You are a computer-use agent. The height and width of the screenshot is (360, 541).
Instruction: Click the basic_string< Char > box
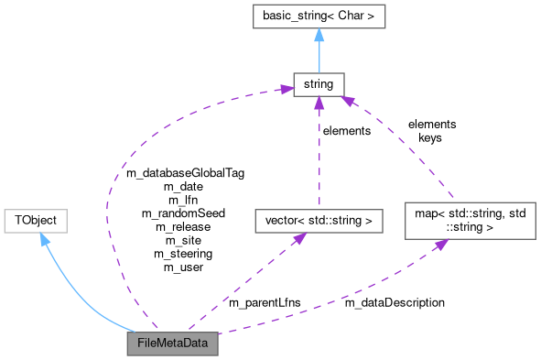[318, 16]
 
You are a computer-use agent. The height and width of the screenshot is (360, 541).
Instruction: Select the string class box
[318, 85]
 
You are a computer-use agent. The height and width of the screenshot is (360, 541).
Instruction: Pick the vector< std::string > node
[317, 220]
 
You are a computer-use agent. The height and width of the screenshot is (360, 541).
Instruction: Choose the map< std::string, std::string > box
[470, 220]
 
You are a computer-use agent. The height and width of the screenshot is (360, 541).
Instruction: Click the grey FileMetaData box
[173, 344]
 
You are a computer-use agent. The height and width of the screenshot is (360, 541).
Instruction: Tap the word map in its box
[424, 213]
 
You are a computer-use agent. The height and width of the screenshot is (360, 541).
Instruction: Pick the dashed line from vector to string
[318, 156]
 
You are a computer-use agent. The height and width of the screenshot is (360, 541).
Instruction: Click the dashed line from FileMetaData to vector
[243, 285]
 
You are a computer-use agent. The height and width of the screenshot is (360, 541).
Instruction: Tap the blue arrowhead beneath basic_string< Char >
[318, 35]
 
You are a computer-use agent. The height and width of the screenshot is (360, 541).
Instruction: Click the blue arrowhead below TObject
[43, 240]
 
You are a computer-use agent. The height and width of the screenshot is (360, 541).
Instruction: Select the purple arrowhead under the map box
[442, 245]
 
